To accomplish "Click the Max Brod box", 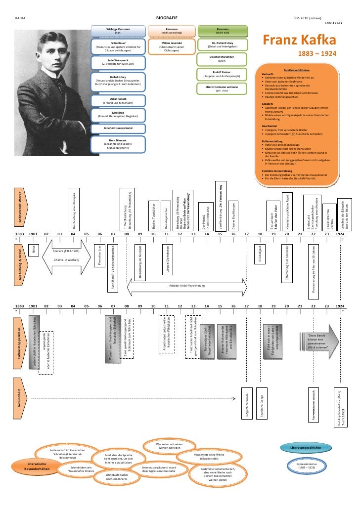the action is [x=118, y=114].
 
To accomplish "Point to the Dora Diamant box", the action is [x=118, y=143].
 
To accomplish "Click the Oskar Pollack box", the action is [x=118, y=100].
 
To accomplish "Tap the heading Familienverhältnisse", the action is [x=298, y=70].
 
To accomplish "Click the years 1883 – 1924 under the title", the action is [x=319, y=53].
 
